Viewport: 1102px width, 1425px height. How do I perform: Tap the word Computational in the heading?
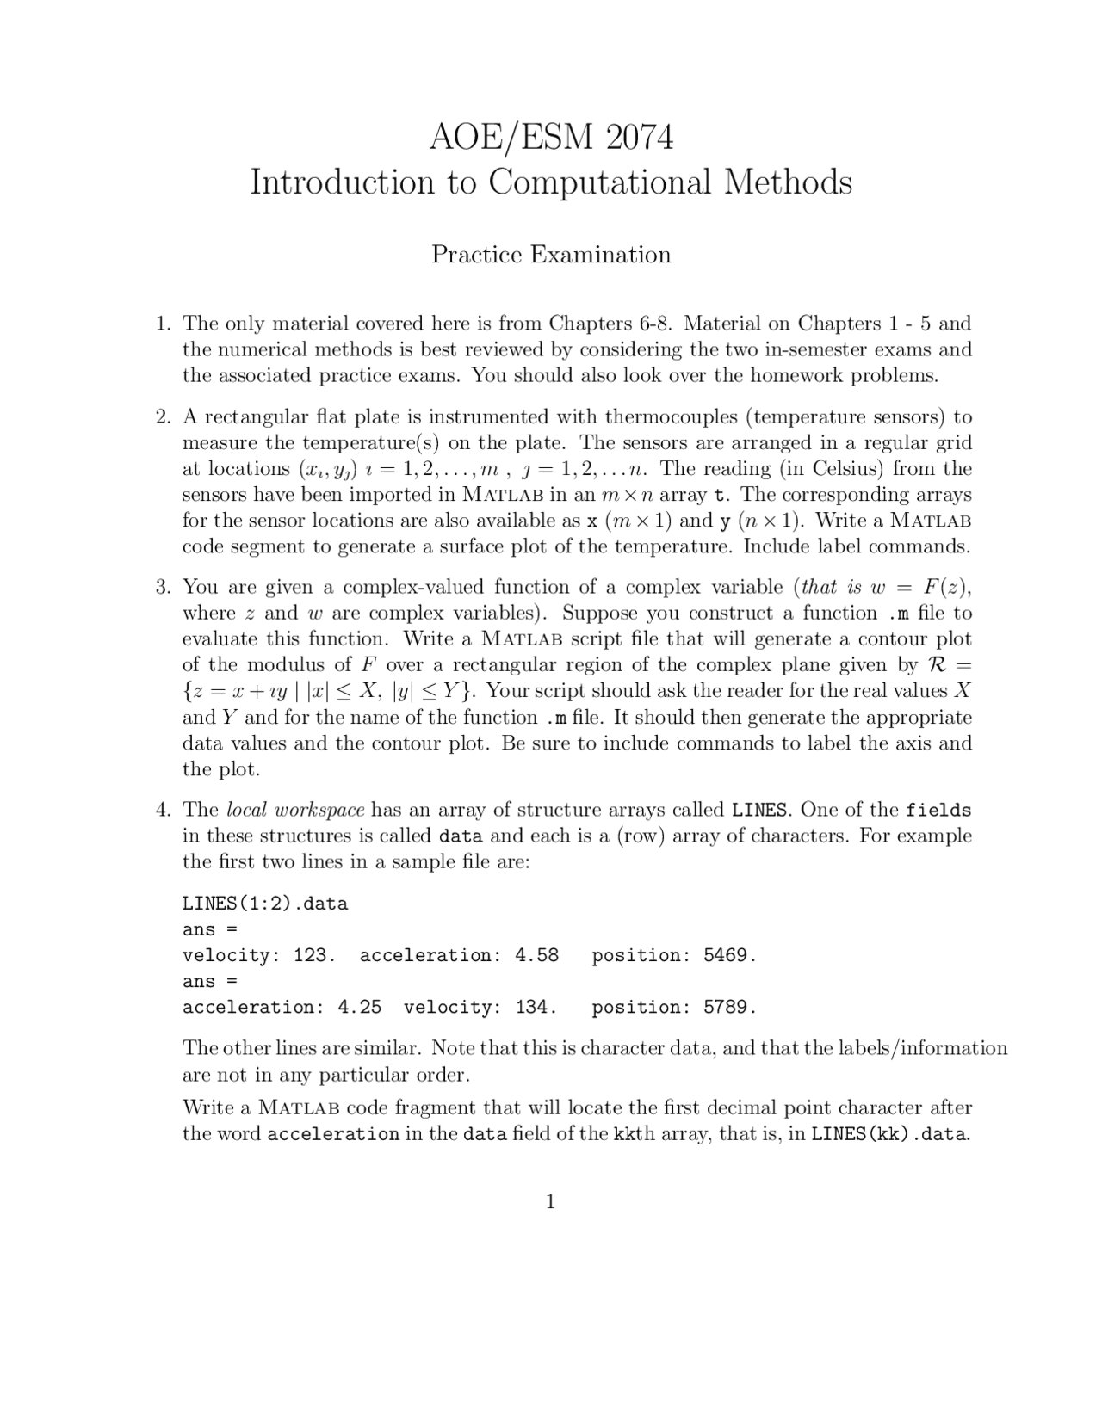point(600,182)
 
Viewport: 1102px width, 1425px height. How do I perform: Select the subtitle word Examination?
point(600,255)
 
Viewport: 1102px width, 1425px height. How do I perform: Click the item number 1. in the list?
point(164,324)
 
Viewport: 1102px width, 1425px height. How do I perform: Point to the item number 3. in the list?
point(164,588)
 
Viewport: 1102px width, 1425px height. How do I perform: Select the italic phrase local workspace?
point(295,811)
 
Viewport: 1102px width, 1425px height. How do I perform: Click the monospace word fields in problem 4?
point(938,811)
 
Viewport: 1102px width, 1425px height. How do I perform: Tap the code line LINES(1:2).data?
point(265,904)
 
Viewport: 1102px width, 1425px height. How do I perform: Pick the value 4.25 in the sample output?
point(360,1007)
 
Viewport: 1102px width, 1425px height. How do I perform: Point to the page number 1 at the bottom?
point(550,1202)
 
